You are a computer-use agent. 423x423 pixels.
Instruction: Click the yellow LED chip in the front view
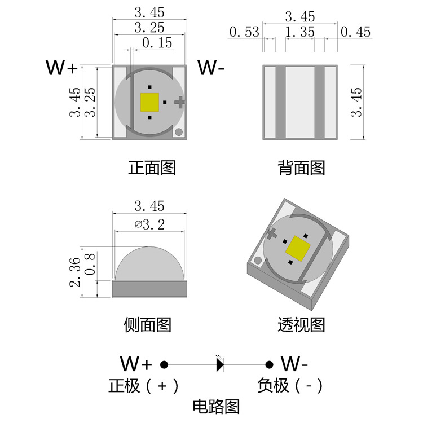pyautogui.click(x=149, y=102)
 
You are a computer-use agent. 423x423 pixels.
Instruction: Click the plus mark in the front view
pyautogui.click(x=180, y=102)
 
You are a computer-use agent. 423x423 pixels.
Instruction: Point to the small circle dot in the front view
pyautogui.click(x=178, y=133)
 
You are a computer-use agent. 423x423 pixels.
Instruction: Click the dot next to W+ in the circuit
pyautogui.click(x=165, y=364)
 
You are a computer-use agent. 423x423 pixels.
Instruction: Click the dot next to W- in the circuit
pyautogui.click(x=270, y=364)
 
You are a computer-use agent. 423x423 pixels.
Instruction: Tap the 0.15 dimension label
pyautogui.click(x=157, y=43)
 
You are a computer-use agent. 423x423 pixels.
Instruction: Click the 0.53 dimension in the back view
pyautogui.click(x=244, y=32)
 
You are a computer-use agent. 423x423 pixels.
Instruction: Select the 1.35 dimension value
pyautogui.click(x=299, y=32)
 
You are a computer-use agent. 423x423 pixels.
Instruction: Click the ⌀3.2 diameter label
pyautogui.click(x=150, y=225)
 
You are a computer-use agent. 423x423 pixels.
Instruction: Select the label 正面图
pyautogui.click(x=152, y=168)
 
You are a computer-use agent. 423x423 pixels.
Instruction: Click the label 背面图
pyautogui.click(x=301, y=168)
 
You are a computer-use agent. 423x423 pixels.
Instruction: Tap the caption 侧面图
pyautogui.click(x=147, y=324)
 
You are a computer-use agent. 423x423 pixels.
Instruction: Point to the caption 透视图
pyautogui.click(x=301, y=324)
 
